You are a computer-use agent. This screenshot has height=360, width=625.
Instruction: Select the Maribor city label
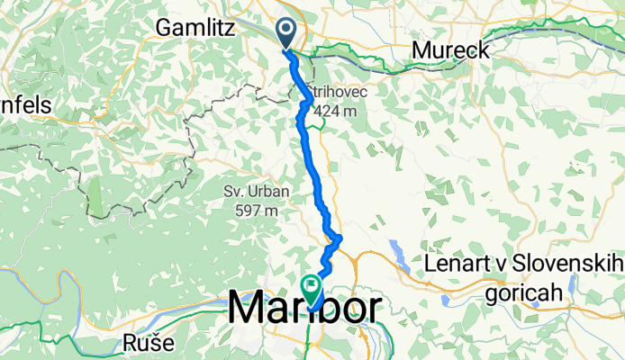(x=304, y=309)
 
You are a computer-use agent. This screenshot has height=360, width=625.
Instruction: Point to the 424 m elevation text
(x=335, y=111)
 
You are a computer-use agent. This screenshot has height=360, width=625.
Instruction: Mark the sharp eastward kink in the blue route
(x=340, y=238)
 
